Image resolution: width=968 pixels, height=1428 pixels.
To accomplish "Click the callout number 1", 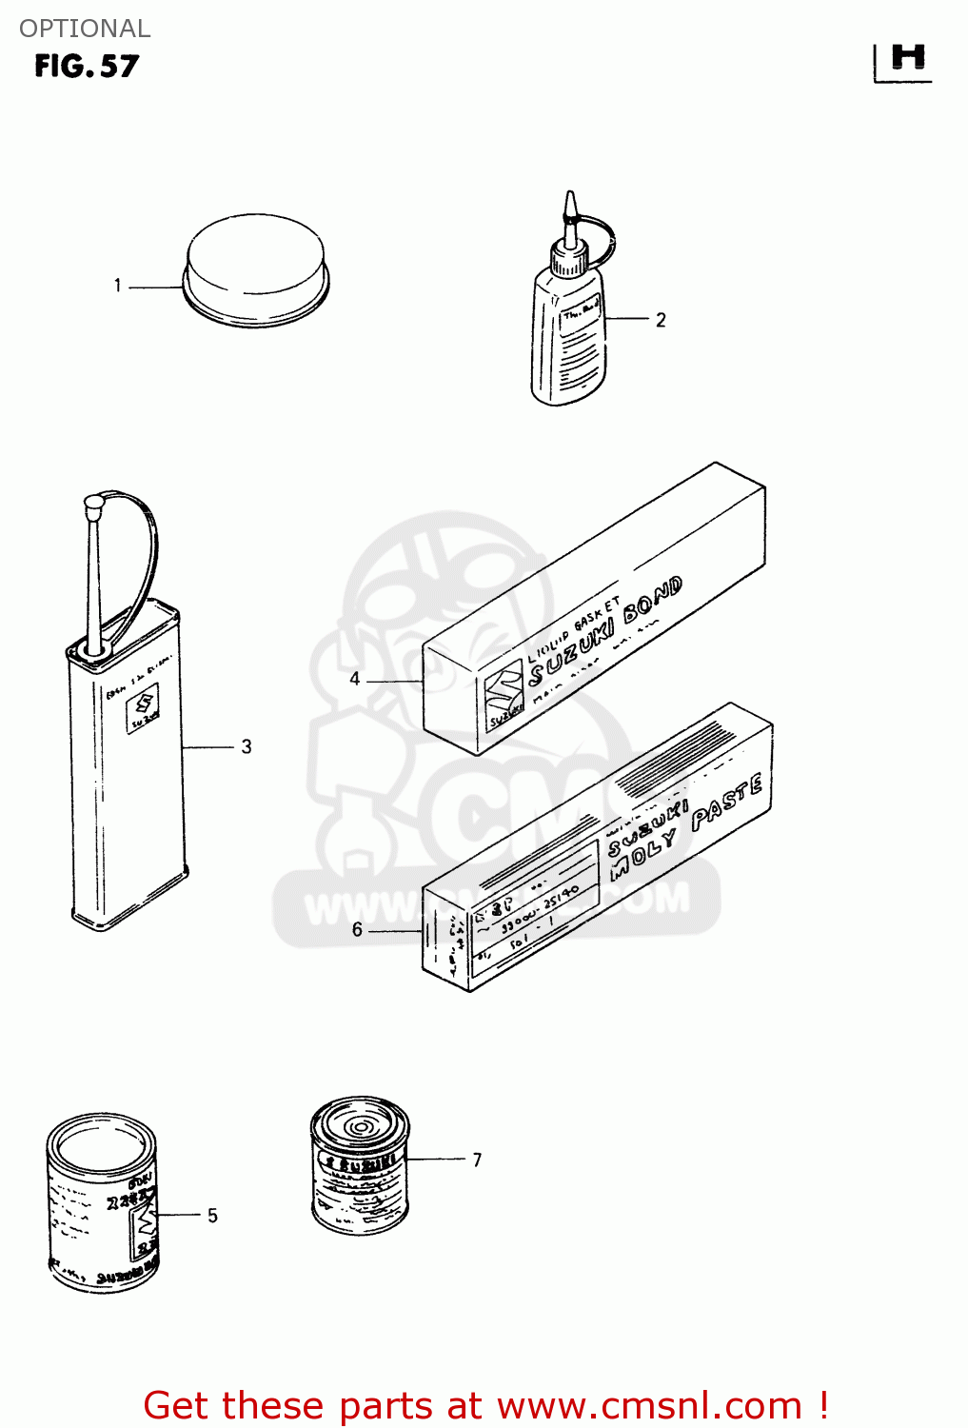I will (117, 286).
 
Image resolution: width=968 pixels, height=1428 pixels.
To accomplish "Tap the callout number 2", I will (661, 320).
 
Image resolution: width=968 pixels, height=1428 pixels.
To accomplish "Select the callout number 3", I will (247, 746).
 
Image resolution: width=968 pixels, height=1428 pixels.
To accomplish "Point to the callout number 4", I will (355, 679).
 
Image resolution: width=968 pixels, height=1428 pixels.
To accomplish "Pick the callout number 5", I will (212, 1216).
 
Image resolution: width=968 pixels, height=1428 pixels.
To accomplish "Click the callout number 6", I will (357, 929).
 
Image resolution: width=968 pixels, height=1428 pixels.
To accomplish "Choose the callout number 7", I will (477, 1160).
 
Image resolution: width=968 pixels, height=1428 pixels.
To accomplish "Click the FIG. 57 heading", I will (87, 67).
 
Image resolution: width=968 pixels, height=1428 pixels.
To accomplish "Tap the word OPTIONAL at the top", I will (85, 29).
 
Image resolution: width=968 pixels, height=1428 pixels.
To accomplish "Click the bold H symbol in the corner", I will (907, 59).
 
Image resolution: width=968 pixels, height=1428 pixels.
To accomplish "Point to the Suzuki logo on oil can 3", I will (144, 708).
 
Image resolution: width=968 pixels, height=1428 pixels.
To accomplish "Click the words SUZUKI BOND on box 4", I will (605, 631).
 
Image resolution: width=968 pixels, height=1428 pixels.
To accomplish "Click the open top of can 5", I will (101, 1145).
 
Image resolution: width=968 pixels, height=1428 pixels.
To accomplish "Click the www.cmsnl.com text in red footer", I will (649, 1405).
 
